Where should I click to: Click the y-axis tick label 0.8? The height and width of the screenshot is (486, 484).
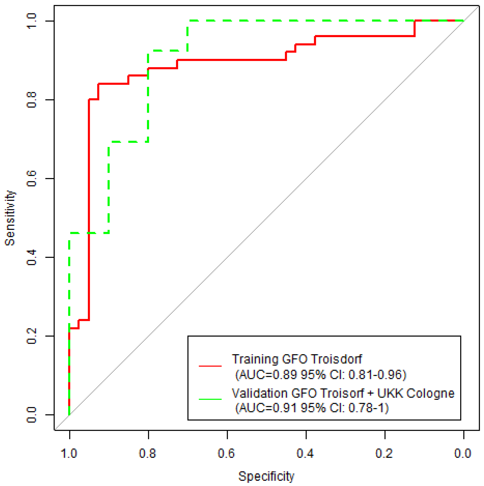32,100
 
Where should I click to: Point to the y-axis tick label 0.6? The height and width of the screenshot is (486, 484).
32,178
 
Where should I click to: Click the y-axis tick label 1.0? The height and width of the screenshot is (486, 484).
32,21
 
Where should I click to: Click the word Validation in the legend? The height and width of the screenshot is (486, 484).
259,393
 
